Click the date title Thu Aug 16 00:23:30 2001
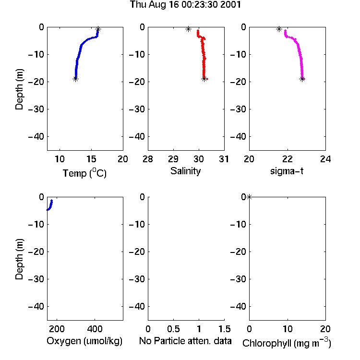click(185, 5)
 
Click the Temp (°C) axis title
click(84, 173)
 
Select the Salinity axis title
click(185, 171)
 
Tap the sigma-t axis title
click(287, 171)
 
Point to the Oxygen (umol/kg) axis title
click(84, 341)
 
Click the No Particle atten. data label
click(185, 341)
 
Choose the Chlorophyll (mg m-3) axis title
click(287, 343)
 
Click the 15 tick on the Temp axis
click(91, 159)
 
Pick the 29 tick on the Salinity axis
click(173, 159)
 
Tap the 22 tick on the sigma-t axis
click(287, 159)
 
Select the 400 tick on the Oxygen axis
click(95, 329)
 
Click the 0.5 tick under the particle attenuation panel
click(173, 329)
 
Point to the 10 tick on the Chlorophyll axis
click(287, 329)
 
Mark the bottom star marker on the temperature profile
click(75, 79)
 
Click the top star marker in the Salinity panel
click(188, 29)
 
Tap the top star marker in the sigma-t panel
click(279, 29)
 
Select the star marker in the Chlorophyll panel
click(249, 197)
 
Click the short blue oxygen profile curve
click(50, 205)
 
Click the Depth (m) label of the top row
click(19, 89)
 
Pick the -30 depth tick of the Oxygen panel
click(36, 279)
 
